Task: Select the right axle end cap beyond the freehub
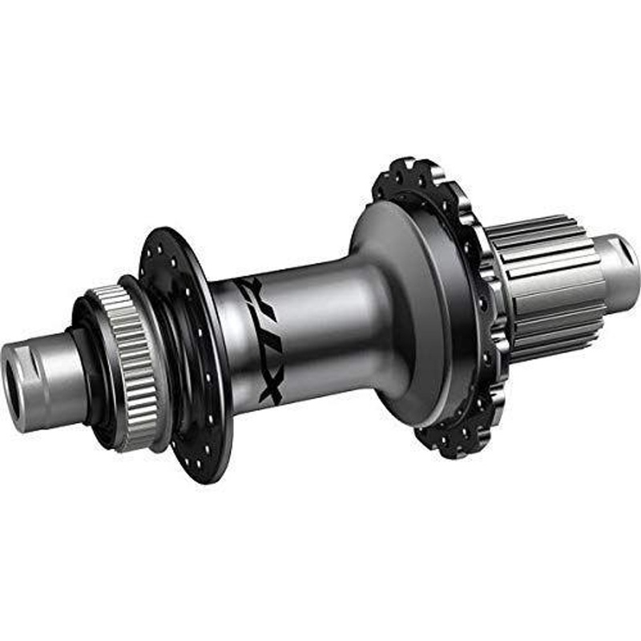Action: point(621,264)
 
